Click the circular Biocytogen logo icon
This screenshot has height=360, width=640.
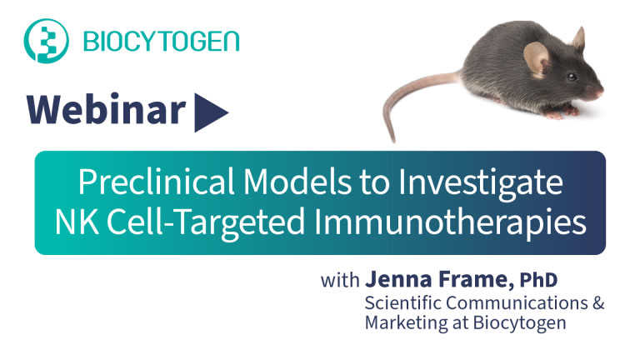point(46,41)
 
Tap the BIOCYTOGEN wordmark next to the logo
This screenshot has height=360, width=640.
point(161,41)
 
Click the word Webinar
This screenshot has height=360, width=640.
point(106,109)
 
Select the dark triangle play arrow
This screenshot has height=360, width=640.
point(211,112)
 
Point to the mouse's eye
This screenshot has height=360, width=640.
point(572,77)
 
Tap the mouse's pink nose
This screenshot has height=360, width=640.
point(600,92)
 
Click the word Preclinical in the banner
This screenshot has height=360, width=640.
point(156,182)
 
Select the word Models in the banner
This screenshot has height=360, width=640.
point(297,182)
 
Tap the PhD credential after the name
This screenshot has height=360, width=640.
point(538,280)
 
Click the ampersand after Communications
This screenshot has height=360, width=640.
point(598,302)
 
